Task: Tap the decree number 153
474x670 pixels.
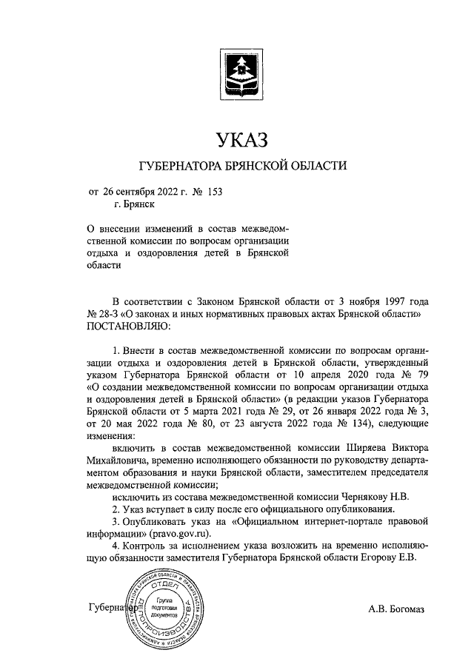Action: pyautogui.click(x=213, y=191)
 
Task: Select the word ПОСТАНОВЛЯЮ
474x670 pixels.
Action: pyautogui.click(x=129, y=325)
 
